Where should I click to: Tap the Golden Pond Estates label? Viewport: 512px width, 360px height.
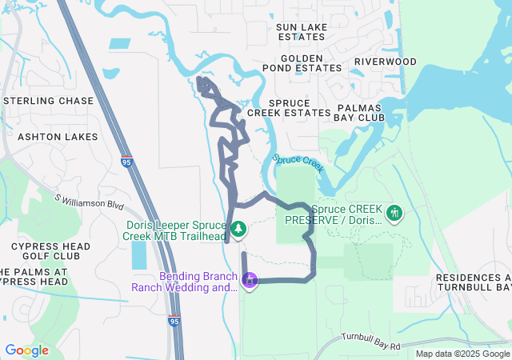pyautogui.click(x=302, y=64)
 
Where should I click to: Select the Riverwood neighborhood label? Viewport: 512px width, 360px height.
pyautogui.click(x=385, y=62)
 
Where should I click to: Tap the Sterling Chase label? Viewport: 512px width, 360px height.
pyautogui.click(x=48, y=101)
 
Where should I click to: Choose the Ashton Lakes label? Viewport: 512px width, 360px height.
pyautogui.click(x=49, y=137)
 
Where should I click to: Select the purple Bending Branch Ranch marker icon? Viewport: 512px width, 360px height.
pyautogui.click(x=250, y=281)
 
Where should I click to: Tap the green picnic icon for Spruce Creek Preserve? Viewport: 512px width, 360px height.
pyautogui.click(x=394, y=214)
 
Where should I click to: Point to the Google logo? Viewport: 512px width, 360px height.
pyautogui.click(x=26, y=350)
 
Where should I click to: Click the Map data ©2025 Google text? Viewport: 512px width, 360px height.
pyautogui.click(x=462, y=354)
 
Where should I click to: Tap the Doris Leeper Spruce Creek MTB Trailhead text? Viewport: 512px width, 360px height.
pyautogui.click(x=177, y=230)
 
